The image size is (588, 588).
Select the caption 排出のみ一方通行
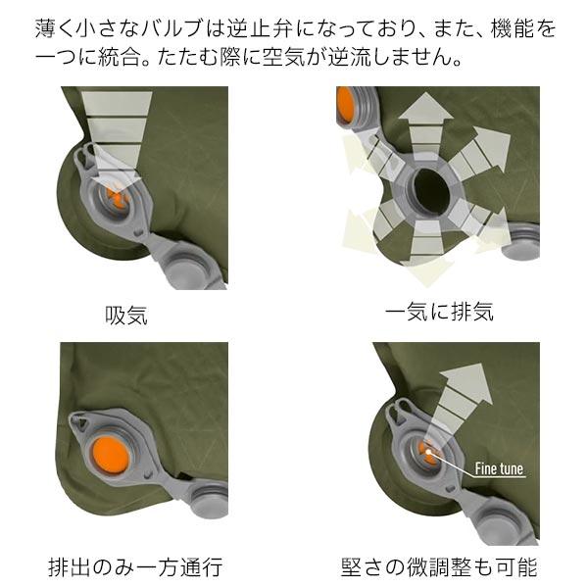pyautogui.click(x=135, y=566)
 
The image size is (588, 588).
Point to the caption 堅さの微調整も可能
pyautogui.click(x=439, y=566)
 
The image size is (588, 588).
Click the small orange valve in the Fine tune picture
pyautogui.click(x=427, y=452)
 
